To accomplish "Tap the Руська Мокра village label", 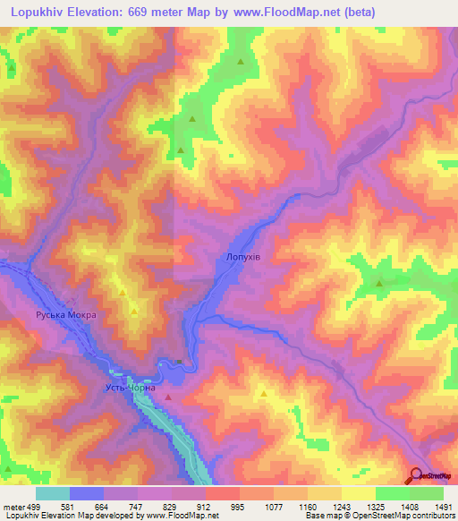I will click(x=65, y=315).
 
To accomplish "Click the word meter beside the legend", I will click(x=13, y=506).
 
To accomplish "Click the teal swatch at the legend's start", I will click(x=53, y=493).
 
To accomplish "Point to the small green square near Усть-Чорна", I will click(x=179, y=362).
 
